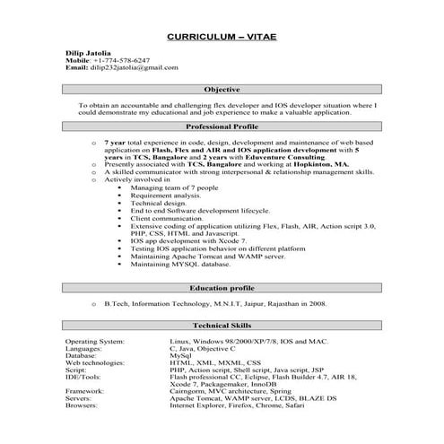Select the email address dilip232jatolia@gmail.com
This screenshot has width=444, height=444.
(x=134, y=67)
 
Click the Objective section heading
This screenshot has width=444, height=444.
(x=222, y=91)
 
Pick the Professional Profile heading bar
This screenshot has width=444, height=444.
(x=222, y=128)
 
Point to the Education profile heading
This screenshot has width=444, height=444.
(x=222, y=288)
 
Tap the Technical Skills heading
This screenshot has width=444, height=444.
(x=222, y=326)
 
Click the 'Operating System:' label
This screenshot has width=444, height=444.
(x=98, y=343)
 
